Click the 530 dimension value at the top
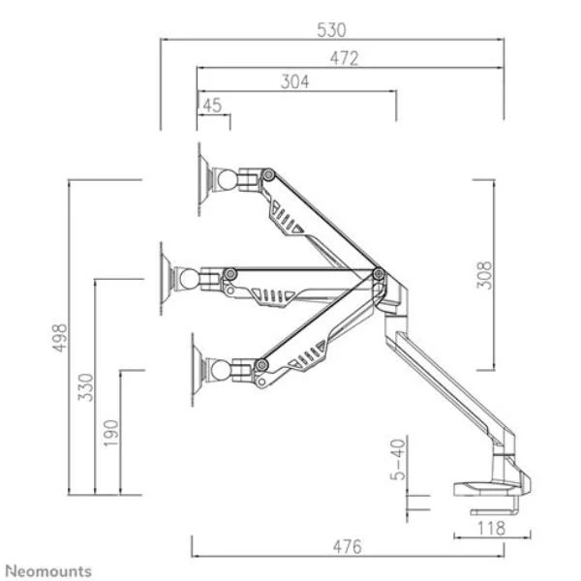pos(331,30)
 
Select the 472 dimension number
pos(344,58)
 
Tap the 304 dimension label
pos(294,82)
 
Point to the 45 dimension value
pos(212,106)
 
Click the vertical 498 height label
pos(60,338)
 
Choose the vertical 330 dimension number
pos(85,387)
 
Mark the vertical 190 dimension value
pos(110,433)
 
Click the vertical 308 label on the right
pos(484,275)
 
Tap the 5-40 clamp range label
pos(398,459)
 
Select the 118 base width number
pos(491,529)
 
